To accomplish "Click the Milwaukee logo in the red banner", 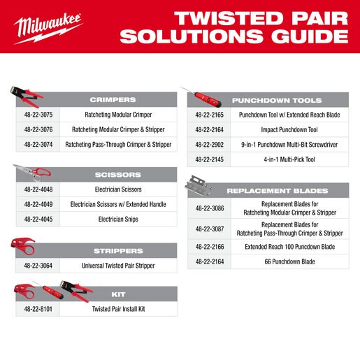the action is coord(48,29).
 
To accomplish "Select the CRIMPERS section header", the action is coord(113,100).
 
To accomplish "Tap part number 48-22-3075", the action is coord(38,115).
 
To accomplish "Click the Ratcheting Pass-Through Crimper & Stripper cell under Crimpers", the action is coord(118,145).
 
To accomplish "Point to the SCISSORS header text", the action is coord(118,175).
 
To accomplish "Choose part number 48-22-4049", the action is coord(38,204).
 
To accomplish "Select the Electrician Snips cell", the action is coord(118,219).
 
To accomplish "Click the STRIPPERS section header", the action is coord(118,251).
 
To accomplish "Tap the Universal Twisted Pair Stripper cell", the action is coord(118,266).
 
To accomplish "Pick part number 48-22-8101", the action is coord(38,309).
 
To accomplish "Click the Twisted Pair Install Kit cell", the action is coord(118,309).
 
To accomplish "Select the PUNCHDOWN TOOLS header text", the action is coord(277,101).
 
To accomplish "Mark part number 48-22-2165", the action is coord(209,115).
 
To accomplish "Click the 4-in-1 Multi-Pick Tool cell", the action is coord(289,159).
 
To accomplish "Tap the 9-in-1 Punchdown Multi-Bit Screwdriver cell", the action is coord(289,145).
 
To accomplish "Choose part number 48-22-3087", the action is coord(210,229).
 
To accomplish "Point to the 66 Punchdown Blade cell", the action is coord(289,261).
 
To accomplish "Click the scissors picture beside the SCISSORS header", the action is coord(33,173).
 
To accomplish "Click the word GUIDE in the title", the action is coord(310,36).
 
